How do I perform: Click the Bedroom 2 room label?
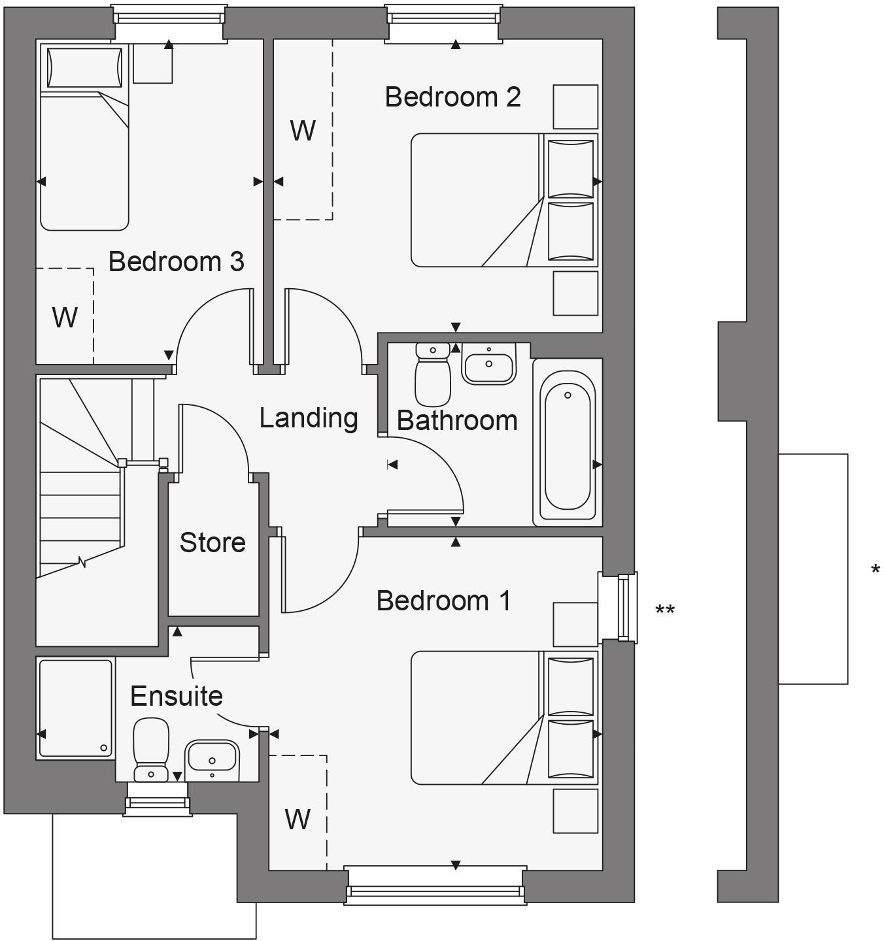click(452, 97)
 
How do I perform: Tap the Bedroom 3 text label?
click(176, 261)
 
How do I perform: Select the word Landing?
click(309, 418)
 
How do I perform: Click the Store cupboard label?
click(212, 542)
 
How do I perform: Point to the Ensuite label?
click(177, 696)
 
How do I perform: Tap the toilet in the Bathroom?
click(433, 376)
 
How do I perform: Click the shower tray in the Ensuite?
click(76, 708)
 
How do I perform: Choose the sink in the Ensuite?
click(212, 759)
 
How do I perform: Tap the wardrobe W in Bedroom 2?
click(303, 131)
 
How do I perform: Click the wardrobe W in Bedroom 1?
click(297, 818)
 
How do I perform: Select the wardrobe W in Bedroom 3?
click(65, 318)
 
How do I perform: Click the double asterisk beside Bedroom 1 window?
click(665, 610)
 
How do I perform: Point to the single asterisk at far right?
click(875, 569)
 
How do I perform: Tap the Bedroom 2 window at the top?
click(443, 24)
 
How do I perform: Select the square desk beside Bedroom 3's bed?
click(153, 63)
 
